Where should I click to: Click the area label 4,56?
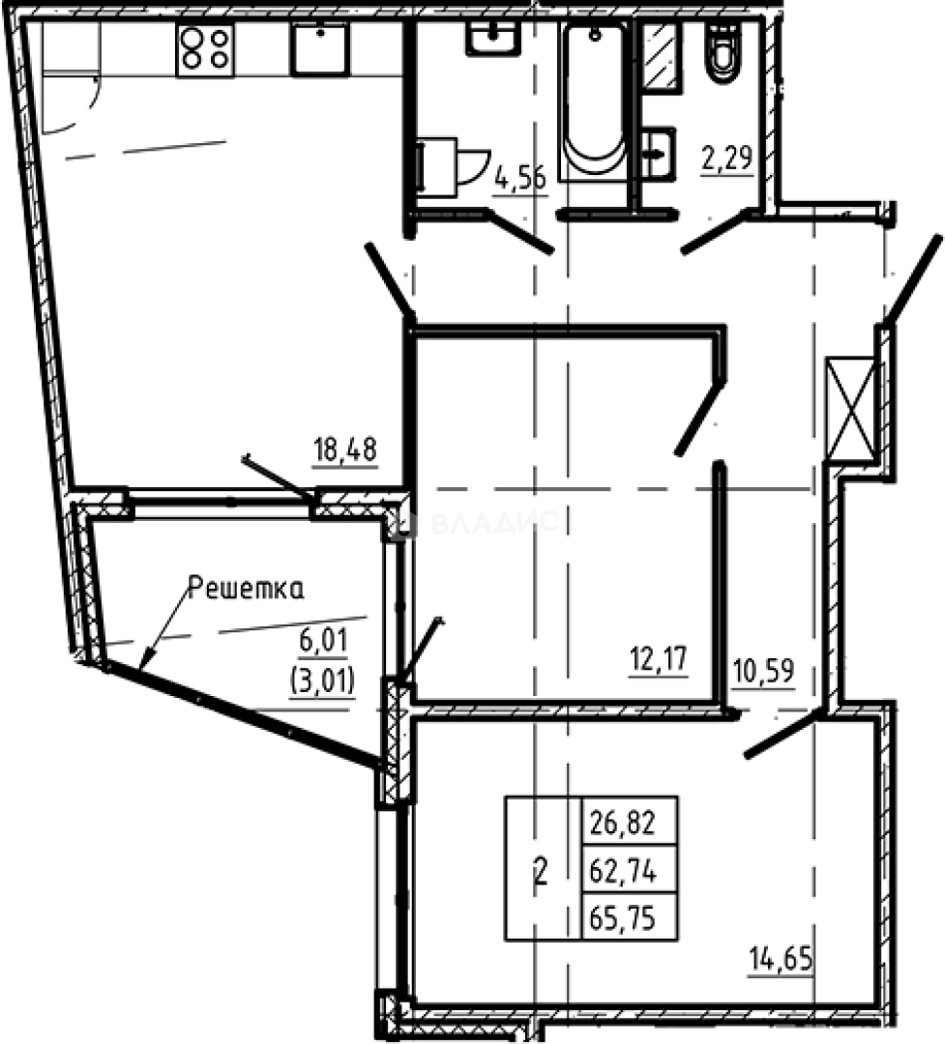(x=519, y=179)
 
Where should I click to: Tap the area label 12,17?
(x=658, y=663)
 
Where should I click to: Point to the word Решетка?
(x=245, y=588)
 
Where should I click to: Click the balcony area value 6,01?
(x=321, y=640)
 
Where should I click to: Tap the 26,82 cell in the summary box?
(x=622, y=824)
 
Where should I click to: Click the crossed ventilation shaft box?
(x=850, y=407)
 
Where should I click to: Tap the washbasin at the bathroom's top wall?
(x=494, y=40)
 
